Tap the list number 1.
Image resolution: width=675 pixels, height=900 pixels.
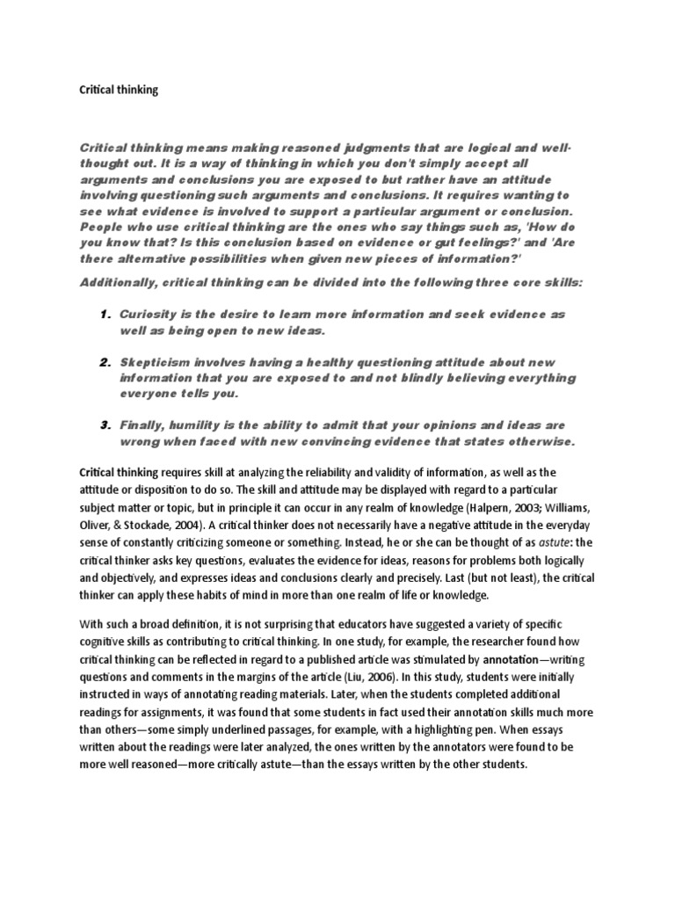[x=103, y=314]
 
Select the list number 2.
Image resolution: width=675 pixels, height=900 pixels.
[x=103, y=362]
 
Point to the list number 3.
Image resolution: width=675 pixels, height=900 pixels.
[x=103, y=425]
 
